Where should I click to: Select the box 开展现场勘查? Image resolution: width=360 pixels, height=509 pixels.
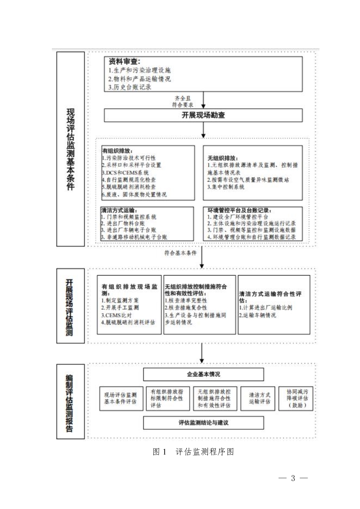tap(203, 115)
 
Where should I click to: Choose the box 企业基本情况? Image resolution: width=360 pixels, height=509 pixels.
tap(204, 374)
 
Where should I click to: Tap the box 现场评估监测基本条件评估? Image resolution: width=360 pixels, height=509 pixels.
tap(120, 398)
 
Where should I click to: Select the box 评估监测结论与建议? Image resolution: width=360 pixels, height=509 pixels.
tap(204, 422)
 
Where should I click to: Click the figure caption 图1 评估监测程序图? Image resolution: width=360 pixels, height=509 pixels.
tap(193, 452)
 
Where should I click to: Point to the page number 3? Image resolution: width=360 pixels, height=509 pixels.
tap(293, 478)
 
